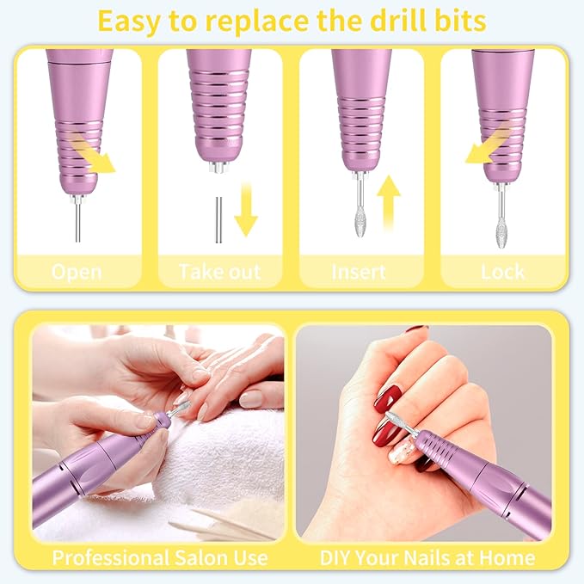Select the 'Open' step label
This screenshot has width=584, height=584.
(77, 273)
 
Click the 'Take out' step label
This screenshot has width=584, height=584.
(219, 273)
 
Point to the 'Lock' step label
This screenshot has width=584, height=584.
(503, 273)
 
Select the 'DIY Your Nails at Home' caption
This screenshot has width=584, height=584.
(427, 556)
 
